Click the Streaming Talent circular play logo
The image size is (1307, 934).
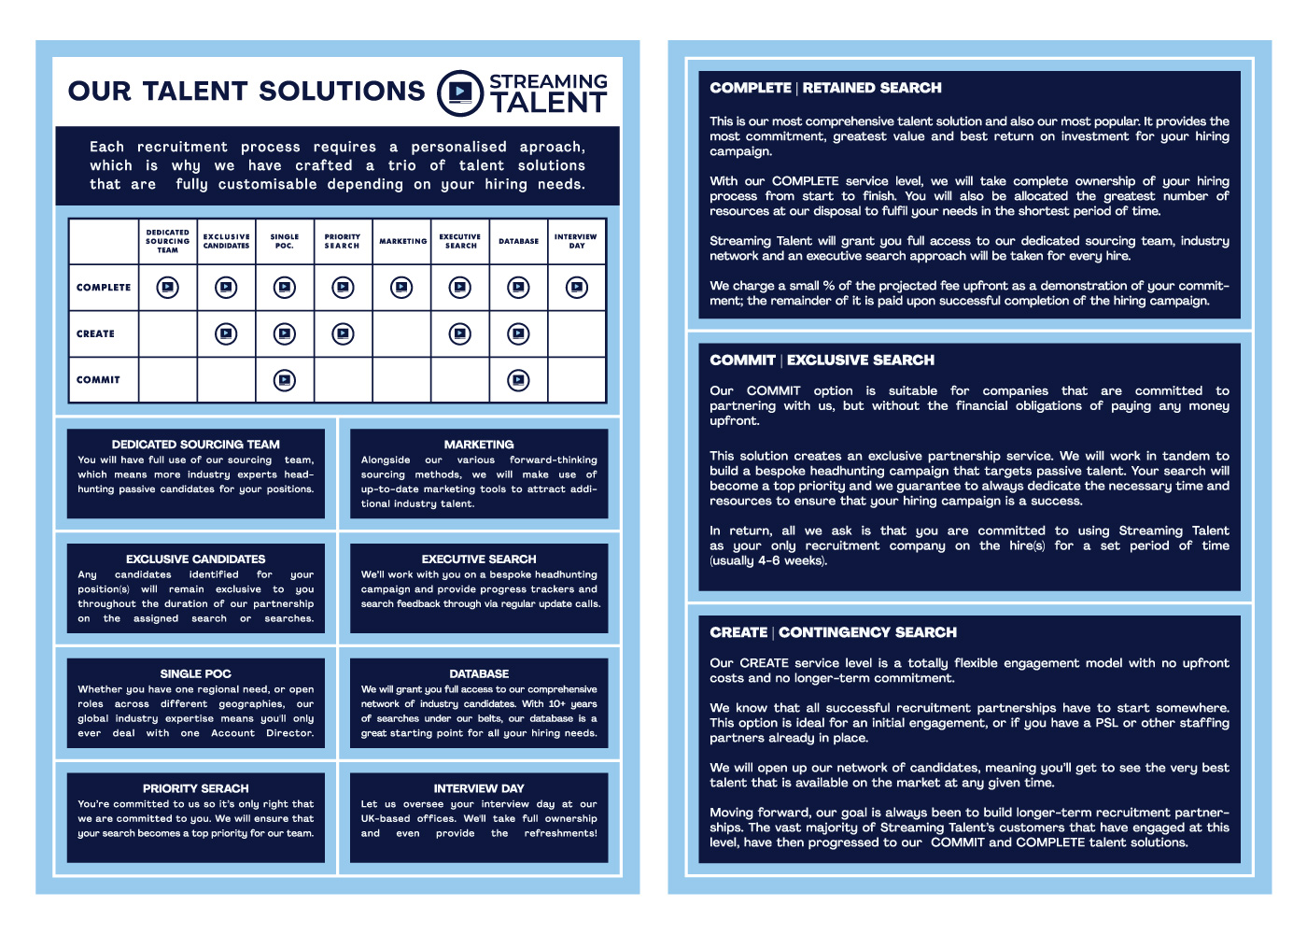(x=460, y=92)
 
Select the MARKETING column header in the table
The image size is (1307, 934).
(x=402, y=241)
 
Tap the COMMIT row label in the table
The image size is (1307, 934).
(x=98, y=380)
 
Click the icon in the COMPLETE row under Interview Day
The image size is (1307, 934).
(x=577, y=288)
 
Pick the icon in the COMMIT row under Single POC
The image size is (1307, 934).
(x=285, y=380)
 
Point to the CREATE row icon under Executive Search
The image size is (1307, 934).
(x=460, y=333)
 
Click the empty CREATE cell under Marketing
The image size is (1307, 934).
(x=402, y=333)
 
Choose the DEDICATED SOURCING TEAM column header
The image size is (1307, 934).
(x=168, y=241)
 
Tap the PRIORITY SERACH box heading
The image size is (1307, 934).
(x=196, y=788)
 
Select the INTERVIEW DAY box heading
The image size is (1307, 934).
(x=479, y=788)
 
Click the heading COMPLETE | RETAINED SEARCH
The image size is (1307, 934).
(x=825, y=88)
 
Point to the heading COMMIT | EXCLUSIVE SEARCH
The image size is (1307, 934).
(x=822, y=361)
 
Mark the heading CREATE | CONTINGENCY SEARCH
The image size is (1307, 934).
(x=833, y=632)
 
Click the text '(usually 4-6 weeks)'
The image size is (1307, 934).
(x=768, y=560)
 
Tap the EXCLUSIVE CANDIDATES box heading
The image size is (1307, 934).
(x=196, y=559)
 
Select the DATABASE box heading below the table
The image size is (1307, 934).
(x=479, y=673)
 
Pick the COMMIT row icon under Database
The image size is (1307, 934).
(x=518, y=380)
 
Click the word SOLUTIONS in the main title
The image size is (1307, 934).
(x=342, y=91)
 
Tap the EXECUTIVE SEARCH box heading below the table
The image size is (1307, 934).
(x=479, y=559)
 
